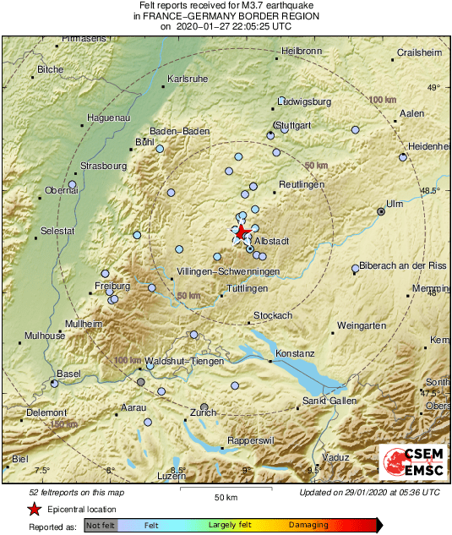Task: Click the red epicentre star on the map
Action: pos(242,231)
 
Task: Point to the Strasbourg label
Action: pos(102,166)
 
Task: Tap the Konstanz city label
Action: pos(296,352)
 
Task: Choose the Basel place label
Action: pos(68,374)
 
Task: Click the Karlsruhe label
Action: pos(188,79)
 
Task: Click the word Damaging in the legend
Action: pos(309,525)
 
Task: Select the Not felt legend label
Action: pos(101,525)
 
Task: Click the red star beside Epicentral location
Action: pos(34,509)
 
